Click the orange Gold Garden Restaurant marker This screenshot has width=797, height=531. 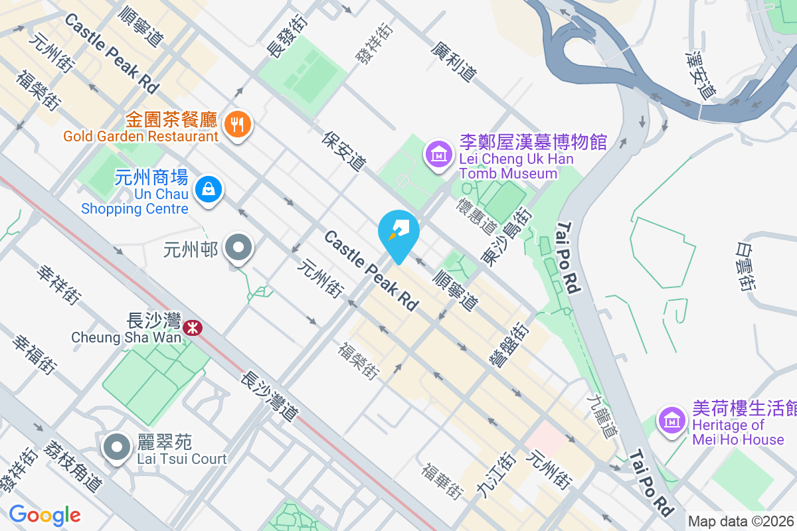[236, 123]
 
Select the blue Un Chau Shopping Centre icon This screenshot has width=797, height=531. [209, 190]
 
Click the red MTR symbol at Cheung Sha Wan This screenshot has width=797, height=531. [193, 327]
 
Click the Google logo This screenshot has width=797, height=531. [44, 514]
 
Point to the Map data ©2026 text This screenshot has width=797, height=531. [741, 522]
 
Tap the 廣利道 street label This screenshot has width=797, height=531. [453, 62]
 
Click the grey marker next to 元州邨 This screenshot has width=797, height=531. [238, 249]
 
